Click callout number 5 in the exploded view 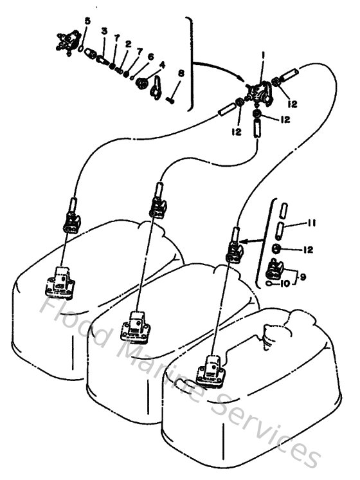87,21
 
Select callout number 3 104,31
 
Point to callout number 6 150,56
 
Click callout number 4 162,64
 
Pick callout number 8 181,74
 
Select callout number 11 311,223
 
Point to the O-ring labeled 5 80,48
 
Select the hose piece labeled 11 280,229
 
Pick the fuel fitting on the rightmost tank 215,369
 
